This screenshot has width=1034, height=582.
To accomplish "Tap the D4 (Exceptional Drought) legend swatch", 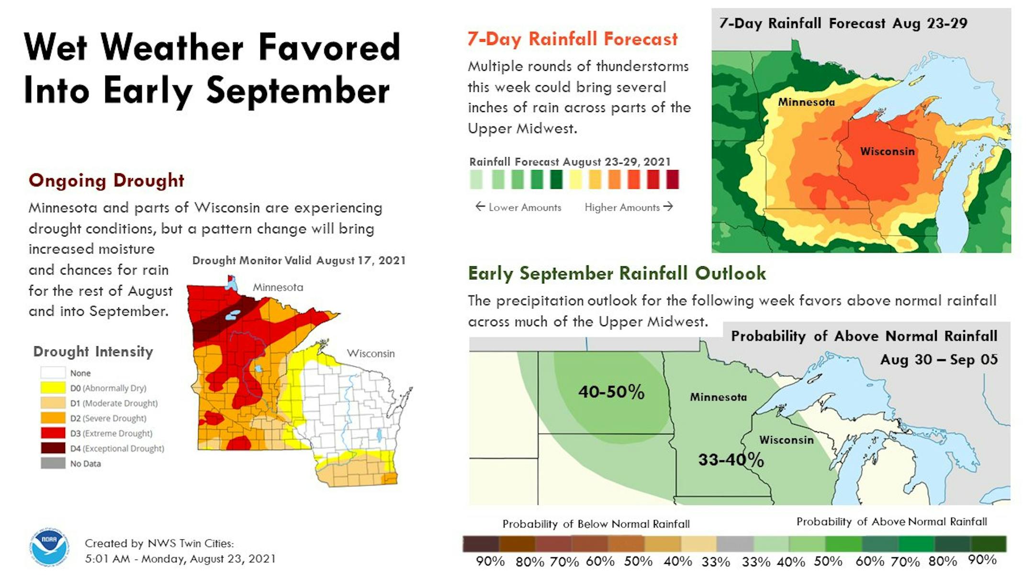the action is [53, 448].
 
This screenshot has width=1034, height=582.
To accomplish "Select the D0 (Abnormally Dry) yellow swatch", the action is [53, 388].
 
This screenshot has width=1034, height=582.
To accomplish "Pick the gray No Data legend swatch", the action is [53, 463].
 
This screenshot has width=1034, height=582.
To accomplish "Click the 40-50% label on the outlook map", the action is [611, 392].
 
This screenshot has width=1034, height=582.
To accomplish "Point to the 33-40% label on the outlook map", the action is [731, 460].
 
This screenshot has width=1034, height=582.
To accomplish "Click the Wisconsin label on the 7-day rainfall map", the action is [888, 151].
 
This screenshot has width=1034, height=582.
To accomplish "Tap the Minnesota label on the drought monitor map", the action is [278, 287].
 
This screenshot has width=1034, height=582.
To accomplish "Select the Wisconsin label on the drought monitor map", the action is [371, 354].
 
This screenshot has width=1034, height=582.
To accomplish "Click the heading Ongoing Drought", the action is [106, 181].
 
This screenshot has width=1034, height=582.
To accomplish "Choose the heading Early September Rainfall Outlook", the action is [617, 273].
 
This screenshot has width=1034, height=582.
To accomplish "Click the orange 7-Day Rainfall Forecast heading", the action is [573, 39].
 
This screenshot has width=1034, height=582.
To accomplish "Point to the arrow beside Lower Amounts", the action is [480, 206].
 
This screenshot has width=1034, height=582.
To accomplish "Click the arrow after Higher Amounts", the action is [668, 206].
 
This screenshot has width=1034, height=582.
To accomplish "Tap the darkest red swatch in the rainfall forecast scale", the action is [672, 180].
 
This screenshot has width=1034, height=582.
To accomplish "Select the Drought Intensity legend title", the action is [93, 352].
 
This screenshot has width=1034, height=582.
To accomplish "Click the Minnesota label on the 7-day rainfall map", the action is [807, 102].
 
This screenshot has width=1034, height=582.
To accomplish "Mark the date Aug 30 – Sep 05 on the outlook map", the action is [939, 360].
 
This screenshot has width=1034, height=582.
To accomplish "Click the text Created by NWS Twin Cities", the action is [159, 543].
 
